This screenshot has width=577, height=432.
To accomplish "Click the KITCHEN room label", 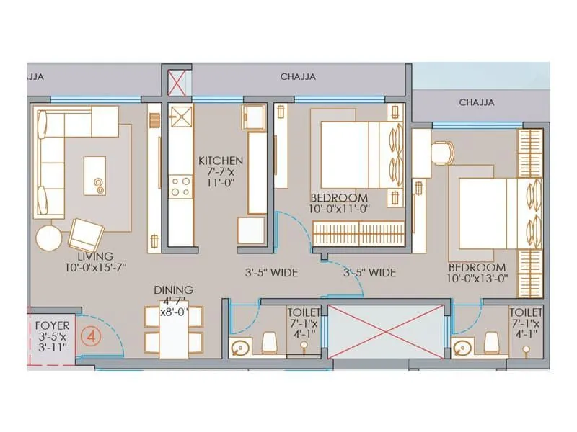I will point(221,161).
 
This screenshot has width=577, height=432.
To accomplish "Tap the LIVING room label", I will point(96,256).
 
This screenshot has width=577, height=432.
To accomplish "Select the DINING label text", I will point(172,290).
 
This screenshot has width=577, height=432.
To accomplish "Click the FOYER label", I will point(52,325).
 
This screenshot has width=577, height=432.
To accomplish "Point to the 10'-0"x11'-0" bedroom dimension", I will point(339,209).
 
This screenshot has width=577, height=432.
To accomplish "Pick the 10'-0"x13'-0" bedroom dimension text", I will point(476,277).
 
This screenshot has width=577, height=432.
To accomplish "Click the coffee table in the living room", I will point(97,175).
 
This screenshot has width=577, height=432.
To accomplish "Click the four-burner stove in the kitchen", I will point(180,186).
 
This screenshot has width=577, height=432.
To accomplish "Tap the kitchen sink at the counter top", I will point(180,114).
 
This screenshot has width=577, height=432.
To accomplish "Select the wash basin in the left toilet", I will point(239,349).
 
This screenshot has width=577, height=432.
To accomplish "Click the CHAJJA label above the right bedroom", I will point(477,102).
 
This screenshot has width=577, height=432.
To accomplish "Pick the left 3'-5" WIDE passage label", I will point(269,273).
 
